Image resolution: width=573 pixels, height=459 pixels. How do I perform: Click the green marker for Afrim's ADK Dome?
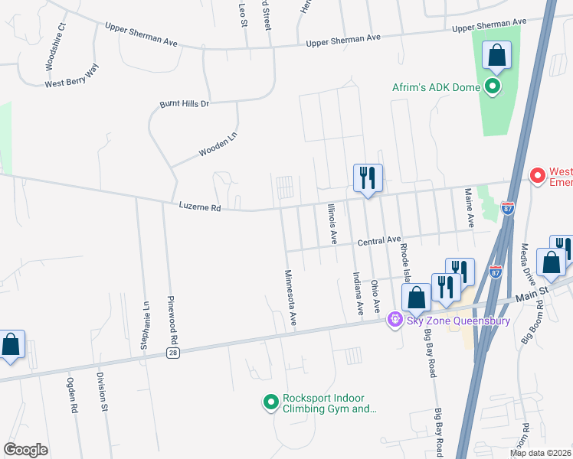pyautogui.click(x=493, y=87)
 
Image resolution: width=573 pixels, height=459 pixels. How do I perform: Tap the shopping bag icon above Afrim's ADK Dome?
pyautogui.click(x=496, y=56)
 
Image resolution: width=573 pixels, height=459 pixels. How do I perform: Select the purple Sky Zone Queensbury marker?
pyautogui.click(x=395, y=318)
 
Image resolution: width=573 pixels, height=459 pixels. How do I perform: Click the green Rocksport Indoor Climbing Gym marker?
pyautogui.click(x=270, y=402)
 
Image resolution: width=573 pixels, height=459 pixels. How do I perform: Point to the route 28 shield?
pyautogui.click(x=174, y=352)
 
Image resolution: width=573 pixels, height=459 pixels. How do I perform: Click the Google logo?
pyautogui.click(x=25, y=449)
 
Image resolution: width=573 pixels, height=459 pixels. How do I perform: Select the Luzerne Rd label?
pyautogui.click(x=199, y=207)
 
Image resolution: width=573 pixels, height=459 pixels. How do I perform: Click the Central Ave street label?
pyautogui.click(x=379, y=242)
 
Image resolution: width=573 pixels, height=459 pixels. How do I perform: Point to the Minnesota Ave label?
pyautogui.click(x=290, y=298)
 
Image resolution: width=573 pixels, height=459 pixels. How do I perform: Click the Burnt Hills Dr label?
pyautogui.click(x=184, y=103)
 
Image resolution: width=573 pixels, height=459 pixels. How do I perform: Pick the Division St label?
pyautogui.click(x=101, y=392)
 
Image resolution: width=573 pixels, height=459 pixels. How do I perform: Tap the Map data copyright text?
pyautogui.click(x=540, y=453)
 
